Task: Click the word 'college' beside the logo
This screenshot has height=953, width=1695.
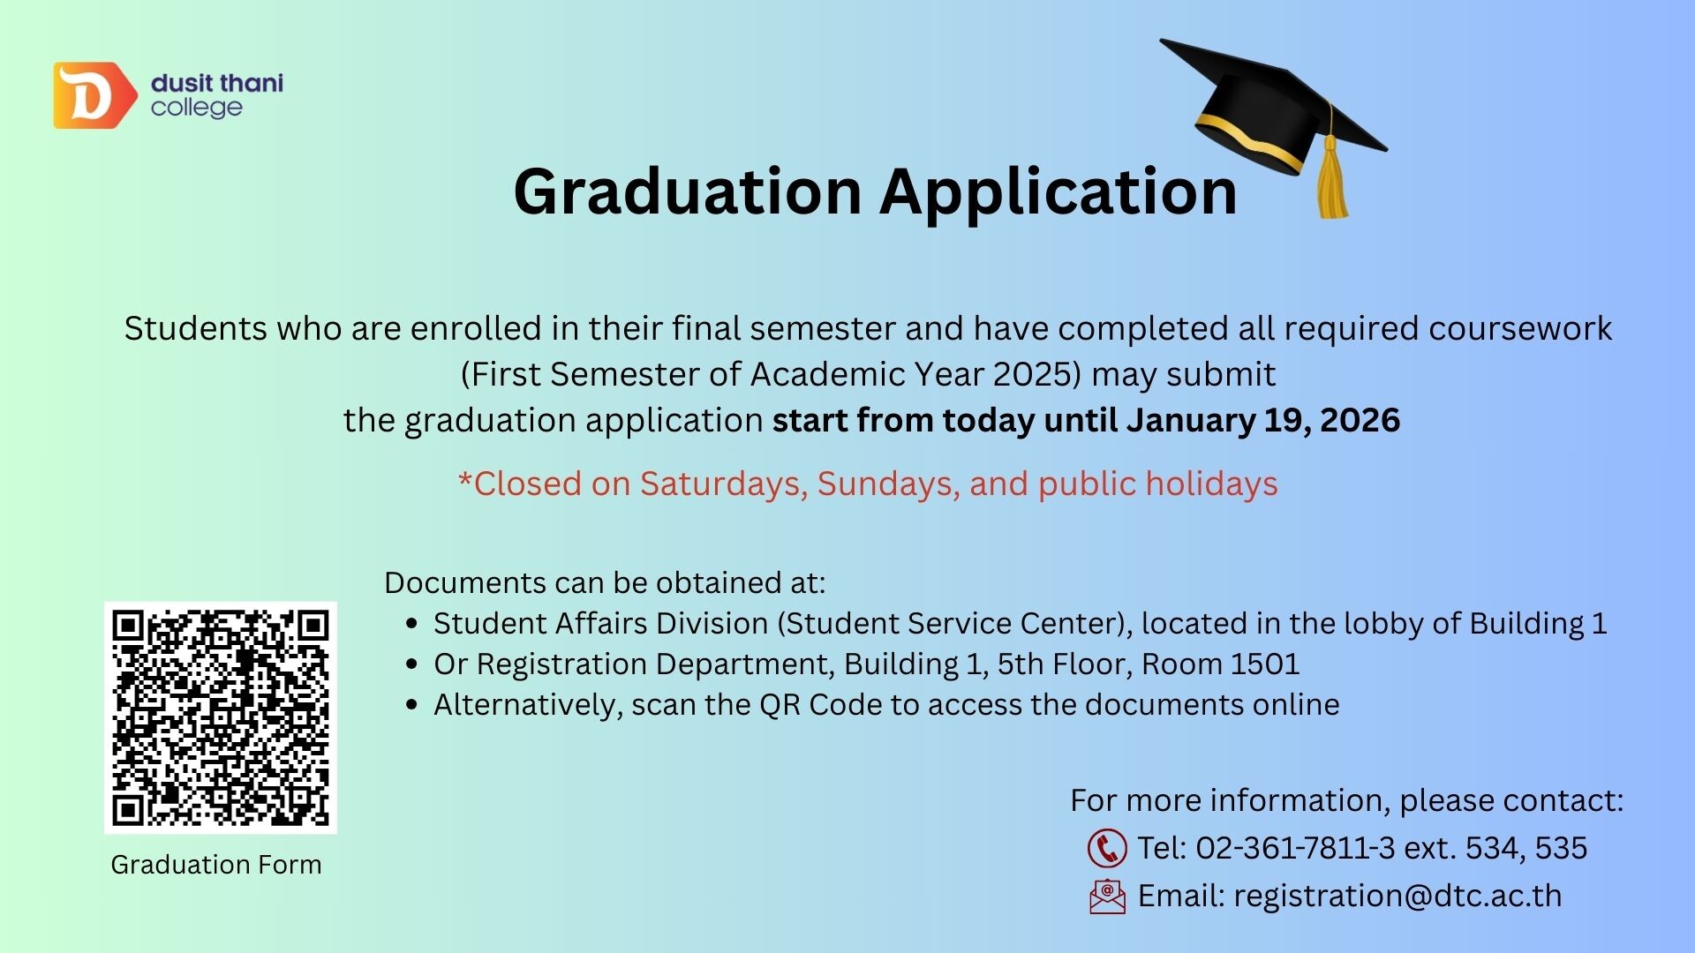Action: [x=196, y=109]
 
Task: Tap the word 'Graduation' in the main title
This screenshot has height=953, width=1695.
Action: [x=688, y=191]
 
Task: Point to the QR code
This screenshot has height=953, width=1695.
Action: [x=221, y=717]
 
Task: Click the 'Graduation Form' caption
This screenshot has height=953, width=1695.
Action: [x=216, y=865]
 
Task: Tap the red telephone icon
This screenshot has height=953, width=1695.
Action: [x=1107, y=848]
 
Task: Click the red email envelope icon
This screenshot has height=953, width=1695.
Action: [x=1107, y=897]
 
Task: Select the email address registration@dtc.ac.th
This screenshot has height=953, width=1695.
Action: [x=1397, y=896]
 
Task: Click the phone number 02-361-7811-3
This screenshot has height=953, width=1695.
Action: [x=1295, y=848]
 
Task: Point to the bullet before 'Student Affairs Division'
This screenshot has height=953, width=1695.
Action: [x=411, y=624]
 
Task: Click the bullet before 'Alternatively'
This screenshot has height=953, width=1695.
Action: [x=411, y=705]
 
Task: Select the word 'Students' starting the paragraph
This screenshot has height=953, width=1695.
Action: [x=195, y=328]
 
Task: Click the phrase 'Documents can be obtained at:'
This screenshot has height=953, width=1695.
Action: [x=605, y=583]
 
